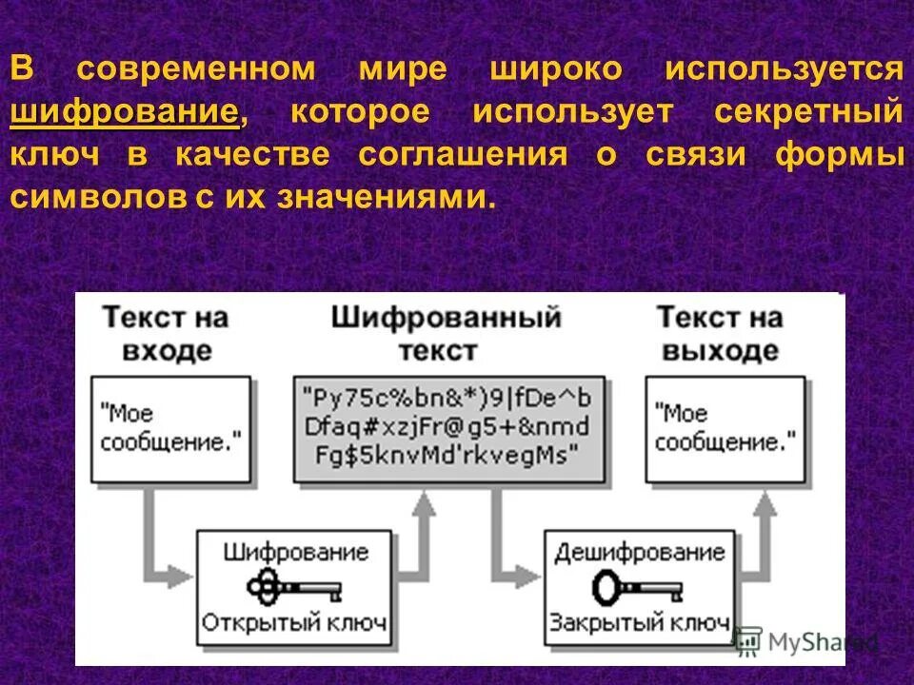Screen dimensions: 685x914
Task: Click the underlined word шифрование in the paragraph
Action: (125, 113)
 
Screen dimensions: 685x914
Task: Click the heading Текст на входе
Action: (166, 333)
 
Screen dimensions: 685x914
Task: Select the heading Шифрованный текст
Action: (446, 333)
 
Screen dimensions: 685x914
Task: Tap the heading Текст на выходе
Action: (720, 333)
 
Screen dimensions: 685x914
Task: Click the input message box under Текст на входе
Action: (171, 427)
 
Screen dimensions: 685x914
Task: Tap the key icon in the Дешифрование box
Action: (638, 587)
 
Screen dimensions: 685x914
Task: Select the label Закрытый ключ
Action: (639, 624)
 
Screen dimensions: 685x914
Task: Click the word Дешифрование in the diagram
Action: (639, 552)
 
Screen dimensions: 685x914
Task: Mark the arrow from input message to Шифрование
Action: (157, 542)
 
